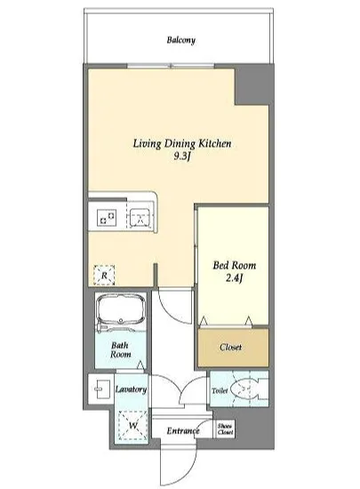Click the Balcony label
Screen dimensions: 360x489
pos(181,40)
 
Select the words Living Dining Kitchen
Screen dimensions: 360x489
pos(182,143)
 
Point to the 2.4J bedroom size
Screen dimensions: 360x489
pos(234,278)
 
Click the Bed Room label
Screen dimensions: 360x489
pos(235,266)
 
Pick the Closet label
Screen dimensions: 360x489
pos(230,347)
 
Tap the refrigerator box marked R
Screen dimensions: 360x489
pos(104,275)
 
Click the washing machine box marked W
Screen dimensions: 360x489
pos(133,425)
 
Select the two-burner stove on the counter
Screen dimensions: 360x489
pos(107,217)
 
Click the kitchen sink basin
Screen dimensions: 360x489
pos(140,216)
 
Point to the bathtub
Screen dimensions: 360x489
pos(121,309)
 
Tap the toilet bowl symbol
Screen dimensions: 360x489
pos(245,389)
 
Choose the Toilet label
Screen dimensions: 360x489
pos(220,390)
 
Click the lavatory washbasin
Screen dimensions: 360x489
pos(100,389)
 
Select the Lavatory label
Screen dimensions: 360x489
pos(131,389)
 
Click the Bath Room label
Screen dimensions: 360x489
pos(120,349)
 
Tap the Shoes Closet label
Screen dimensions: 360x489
pos(226,429)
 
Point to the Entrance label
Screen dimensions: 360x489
pos(183,431)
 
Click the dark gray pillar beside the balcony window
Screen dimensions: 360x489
pos(252,84)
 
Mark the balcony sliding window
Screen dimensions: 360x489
pos(171,66)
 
